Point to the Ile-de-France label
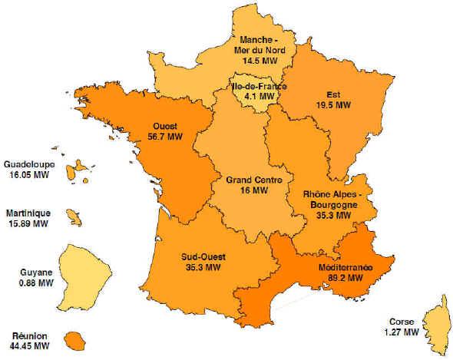click(260, 87)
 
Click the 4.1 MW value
click(260, 97)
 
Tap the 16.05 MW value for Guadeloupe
click(27, 175)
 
